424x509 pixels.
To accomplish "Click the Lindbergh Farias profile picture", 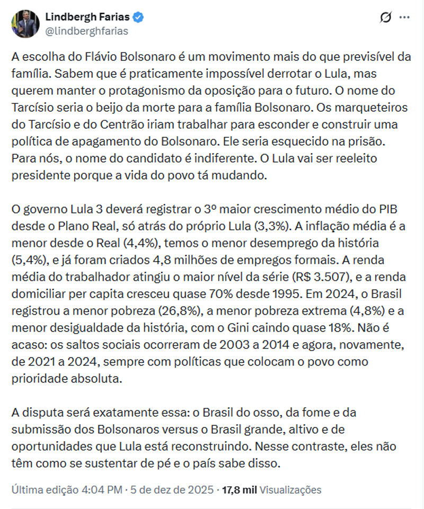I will [x=25, y=24].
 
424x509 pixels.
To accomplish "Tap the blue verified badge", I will [x=138, y=17].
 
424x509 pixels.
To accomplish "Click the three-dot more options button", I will [x=404, y=17].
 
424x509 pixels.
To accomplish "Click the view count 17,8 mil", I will [x=239, y=489].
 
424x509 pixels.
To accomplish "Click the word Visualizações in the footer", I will [x=290, y=489].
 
